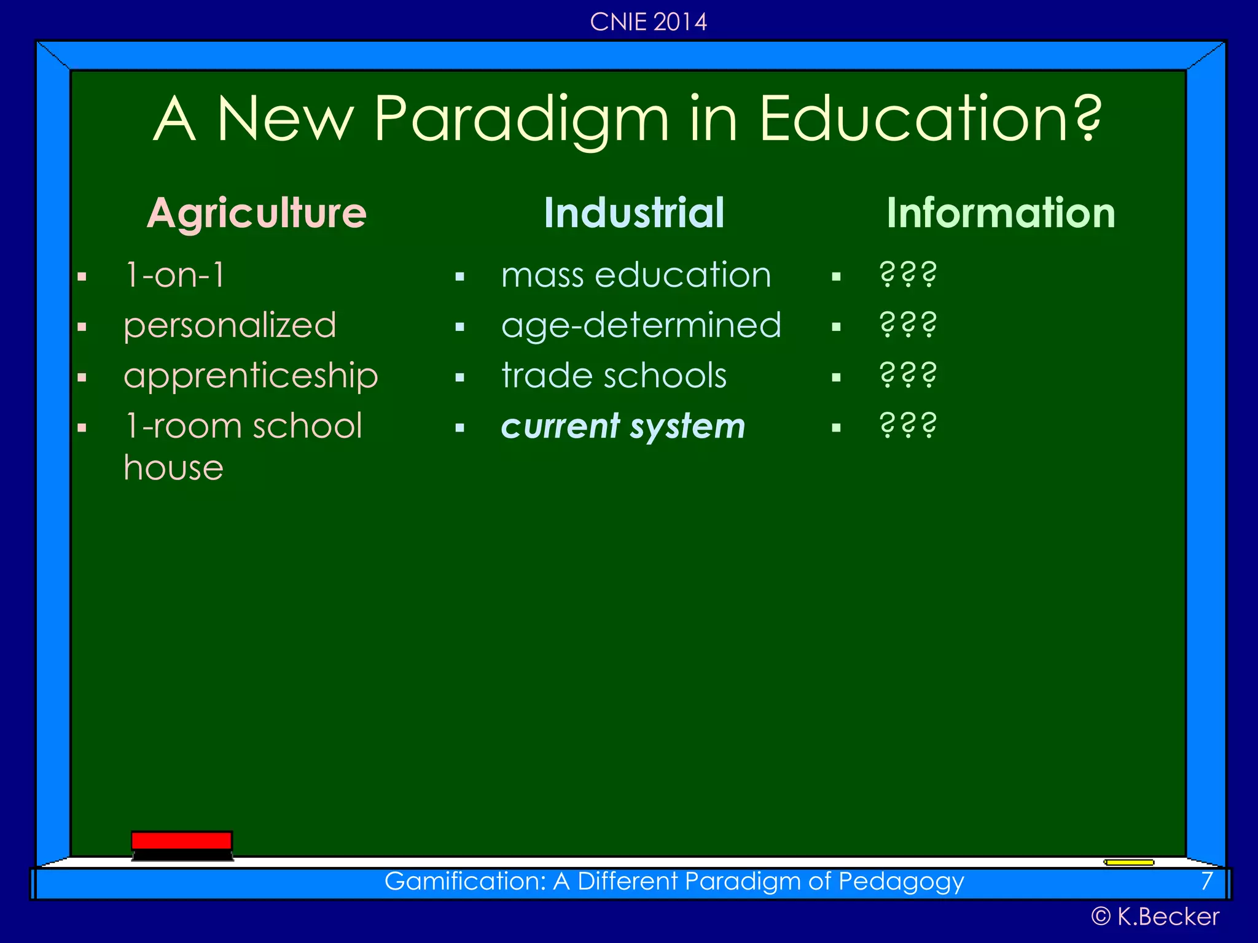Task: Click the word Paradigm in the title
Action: pos(521,120)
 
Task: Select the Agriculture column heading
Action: pos(257,213)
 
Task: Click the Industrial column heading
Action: pos(634,213)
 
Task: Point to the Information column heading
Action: pos(1001,213)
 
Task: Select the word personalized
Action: pos(230,325)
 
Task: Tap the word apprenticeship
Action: pos(251,376)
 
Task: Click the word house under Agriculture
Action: pos(173,468)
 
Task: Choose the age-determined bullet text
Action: pos(641,325)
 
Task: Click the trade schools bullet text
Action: pos(614,376)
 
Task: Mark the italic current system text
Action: pos(623,426)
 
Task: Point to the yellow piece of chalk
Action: pos(1129,862)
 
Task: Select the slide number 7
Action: pos(1207,881)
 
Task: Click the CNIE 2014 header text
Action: pos(648,22)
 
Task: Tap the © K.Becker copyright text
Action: pos(1155,917)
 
